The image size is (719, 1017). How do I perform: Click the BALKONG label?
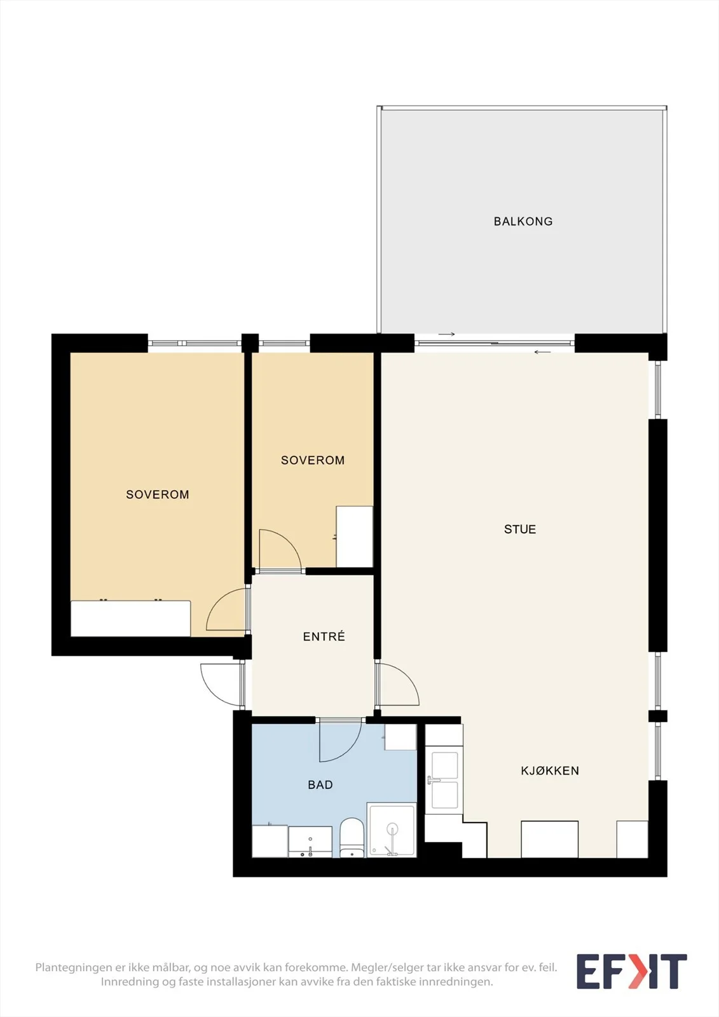point(523,222)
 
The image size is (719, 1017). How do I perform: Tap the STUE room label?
point(520,529)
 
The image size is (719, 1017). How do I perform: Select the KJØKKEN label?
point(550,771)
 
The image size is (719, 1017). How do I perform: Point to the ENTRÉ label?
point(324,636)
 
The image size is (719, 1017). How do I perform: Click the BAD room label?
point(320,785)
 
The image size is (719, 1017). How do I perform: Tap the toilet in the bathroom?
point(352,838)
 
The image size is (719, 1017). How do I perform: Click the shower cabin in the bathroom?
point(392,830)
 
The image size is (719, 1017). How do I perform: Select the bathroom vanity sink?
point(310,842)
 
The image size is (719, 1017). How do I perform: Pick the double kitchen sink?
point(444,781)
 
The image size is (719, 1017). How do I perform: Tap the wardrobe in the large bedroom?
point(131,618)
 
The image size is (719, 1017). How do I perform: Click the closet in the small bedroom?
point(354,536)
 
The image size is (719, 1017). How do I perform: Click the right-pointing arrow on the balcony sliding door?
point(446,334)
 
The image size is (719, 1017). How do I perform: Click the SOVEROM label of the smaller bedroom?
point(313,460)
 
